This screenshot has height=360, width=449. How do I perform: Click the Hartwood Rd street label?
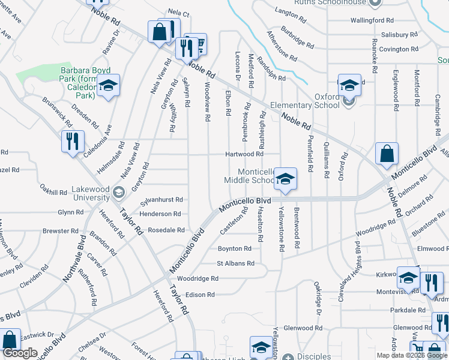click(244, 154)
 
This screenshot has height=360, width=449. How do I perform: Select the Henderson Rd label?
click(161, 214)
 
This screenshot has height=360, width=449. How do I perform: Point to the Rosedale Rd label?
click(166, 230)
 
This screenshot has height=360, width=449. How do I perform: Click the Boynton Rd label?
click(234, 248)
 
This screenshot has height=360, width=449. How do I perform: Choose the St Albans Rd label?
click(235, 263)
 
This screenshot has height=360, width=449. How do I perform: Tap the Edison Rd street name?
click(200, 295)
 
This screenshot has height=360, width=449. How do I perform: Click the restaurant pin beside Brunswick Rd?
click(72, 142)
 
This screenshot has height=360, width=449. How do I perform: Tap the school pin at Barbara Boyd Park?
click(108, 86)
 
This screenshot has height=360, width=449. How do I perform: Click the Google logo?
click(20, 353)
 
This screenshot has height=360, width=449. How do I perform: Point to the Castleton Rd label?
click(234, 221)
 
